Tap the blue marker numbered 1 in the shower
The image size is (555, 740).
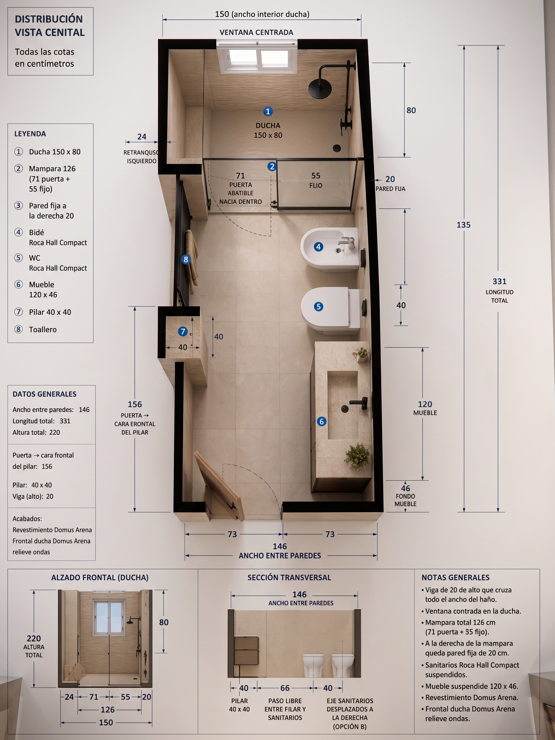[x=268, y=111]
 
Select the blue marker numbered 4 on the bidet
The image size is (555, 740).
[x=318, y=247]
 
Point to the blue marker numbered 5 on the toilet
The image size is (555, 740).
[x=318, y=307]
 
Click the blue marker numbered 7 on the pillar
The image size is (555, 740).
[x=183, y=332]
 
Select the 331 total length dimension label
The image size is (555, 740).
[x=500, y=281]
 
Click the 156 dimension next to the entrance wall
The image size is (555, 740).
[x=135, y=404]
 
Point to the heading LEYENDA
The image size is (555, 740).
[x=30, y=134]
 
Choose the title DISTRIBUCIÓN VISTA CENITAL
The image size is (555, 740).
[x=50, y=26]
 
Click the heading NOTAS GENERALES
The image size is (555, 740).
[x=455, y=577]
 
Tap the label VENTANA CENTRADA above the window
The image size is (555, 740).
[x=256, y=33]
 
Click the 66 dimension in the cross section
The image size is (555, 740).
[x=285, y=688]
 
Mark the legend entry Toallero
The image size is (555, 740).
[x=43, y=329]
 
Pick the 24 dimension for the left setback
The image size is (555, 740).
[x=142, y=137]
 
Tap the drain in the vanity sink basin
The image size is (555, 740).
[x=345, y=408]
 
